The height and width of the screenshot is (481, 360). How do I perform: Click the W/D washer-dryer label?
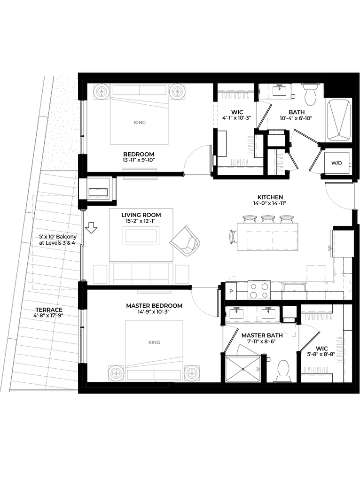[337, 163]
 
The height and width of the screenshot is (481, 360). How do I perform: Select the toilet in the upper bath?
[310, 93]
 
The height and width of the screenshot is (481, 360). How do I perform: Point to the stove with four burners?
[259, 290]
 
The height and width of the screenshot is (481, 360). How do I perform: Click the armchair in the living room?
[185, 241]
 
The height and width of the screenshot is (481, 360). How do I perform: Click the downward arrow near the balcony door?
[91, 227]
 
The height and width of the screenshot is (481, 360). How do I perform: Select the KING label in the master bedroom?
[154, 342]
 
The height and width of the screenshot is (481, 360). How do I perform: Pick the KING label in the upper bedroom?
[140, 123]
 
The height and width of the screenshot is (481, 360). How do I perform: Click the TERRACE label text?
[49, 310]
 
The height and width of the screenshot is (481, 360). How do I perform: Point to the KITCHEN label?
[270, 197]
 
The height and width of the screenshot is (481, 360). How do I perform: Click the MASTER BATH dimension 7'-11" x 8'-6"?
[262, 341]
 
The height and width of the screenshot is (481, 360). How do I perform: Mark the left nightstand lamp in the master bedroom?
[116, 373]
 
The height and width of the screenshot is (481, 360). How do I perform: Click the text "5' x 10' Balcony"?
[58, 237]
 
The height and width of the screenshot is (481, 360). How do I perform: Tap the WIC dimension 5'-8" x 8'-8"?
[321, 354]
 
